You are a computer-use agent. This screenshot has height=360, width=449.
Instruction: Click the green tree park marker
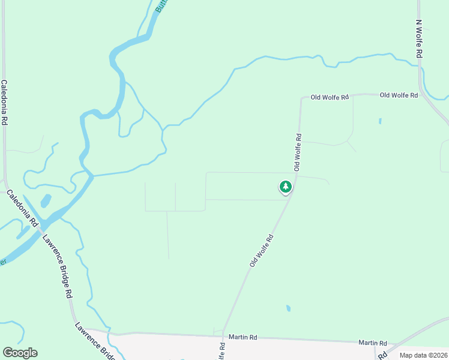point(286,187)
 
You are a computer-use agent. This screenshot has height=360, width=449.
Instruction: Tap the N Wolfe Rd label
point(420,38)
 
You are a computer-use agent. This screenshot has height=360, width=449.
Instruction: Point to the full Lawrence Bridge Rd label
point(57,265)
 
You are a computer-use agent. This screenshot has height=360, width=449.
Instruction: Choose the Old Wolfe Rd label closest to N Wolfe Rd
point(399,95)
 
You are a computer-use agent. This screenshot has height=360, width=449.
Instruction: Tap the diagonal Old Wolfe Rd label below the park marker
point(262,250)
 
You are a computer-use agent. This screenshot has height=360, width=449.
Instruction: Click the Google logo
point(20,353)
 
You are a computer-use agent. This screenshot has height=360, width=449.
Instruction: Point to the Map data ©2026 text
point(423,355)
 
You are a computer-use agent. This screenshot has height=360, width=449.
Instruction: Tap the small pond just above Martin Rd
point(288,308)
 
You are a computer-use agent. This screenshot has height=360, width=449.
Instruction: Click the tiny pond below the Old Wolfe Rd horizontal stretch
point(380,121)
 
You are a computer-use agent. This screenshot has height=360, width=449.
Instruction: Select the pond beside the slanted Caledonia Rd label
point(46,200)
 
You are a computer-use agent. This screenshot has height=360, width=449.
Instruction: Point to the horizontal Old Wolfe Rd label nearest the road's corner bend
point(329,97)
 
